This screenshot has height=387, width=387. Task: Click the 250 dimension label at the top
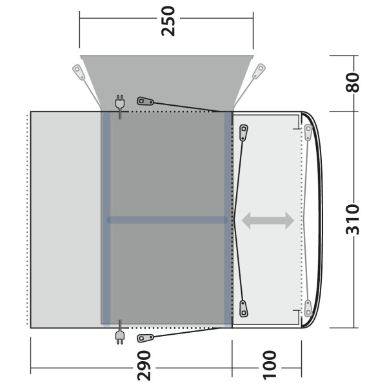(x=168, y=21)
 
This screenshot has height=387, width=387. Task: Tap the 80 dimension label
(x=352, y=82)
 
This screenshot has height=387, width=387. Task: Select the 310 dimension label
(x=352, y=219)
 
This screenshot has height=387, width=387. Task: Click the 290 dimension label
(x=144, y=366)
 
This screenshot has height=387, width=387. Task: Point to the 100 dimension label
(x=269, y=365)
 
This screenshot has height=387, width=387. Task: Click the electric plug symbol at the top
(x=120, y=106)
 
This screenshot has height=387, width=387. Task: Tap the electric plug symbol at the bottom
(x=120, y=332)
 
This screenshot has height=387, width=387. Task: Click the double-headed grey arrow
(x=268, y=221)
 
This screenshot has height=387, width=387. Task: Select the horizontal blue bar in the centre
(x=167, y=220)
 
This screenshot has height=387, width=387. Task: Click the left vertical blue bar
(x=106, y=220)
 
